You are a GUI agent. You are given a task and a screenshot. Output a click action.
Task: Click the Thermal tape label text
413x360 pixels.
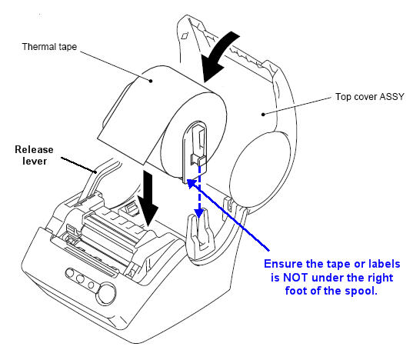pos(49,47)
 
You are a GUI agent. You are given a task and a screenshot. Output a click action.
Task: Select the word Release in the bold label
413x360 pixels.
pos(34,149)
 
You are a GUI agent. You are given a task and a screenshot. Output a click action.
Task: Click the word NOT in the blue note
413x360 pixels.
pos(295,278)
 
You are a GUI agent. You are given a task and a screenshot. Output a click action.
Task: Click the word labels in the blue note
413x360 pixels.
pos(385,264)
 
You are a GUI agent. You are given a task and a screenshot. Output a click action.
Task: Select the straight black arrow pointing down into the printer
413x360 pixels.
pos(148,198)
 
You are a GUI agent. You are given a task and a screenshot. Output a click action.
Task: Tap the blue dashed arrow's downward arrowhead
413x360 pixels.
pos(199,212)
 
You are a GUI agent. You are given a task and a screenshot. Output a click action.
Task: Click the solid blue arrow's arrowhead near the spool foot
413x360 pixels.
pos(191,183)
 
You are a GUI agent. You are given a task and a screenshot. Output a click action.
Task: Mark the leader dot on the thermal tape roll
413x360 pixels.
pos(151,81)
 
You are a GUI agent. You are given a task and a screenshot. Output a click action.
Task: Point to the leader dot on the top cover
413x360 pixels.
pos(263,115)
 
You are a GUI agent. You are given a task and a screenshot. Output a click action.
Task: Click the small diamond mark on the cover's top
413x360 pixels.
pos(185,35)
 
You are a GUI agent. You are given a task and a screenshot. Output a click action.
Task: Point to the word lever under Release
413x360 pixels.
pos(35,162)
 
